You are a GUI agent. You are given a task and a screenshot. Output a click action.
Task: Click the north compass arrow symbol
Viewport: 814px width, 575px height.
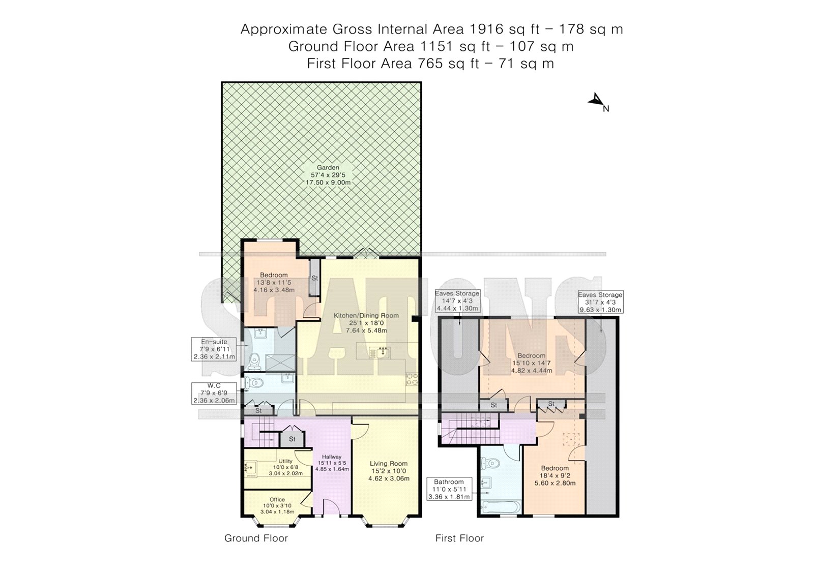tap(595, 100)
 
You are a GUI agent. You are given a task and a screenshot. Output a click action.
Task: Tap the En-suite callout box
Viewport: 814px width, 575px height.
tap(214, 349)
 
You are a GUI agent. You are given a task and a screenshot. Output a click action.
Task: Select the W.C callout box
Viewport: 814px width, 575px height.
tap(214, 393)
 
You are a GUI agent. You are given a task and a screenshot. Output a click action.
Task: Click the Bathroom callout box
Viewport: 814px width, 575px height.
tap(449, 489)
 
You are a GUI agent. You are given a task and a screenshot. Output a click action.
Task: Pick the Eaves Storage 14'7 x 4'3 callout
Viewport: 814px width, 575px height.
tap(457, 301)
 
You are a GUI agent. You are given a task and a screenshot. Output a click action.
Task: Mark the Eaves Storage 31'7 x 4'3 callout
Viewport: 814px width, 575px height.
tap(600, 302)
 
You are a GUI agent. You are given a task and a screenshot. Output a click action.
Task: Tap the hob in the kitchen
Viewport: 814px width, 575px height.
tap(412, 379)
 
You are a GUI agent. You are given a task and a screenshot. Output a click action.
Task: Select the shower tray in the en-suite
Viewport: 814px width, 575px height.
tap(280, 362)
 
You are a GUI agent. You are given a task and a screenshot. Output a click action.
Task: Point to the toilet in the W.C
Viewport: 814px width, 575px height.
tap(254, 382)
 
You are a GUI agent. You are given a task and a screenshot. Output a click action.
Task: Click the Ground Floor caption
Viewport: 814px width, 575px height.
tap(256, 538)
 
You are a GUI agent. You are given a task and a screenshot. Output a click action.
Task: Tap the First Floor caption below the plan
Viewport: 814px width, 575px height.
tap(459, 538)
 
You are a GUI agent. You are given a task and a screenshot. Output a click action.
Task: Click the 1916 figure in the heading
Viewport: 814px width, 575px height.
tap(486, 29)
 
